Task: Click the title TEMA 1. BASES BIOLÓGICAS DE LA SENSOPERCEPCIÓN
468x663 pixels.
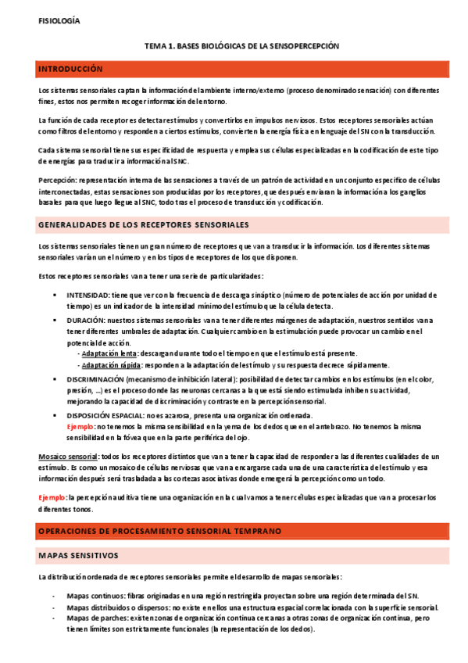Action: click(242, 47)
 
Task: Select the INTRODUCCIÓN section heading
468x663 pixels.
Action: click(71, 70)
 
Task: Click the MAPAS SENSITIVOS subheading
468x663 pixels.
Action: click(78, 556)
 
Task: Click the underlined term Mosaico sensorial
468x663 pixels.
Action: click(68, 457)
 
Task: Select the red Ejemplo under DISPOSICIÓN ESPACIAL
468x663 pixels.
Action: click(80, 427)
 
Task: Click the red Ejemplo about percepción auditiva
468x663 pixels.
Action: click(52, 497)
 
